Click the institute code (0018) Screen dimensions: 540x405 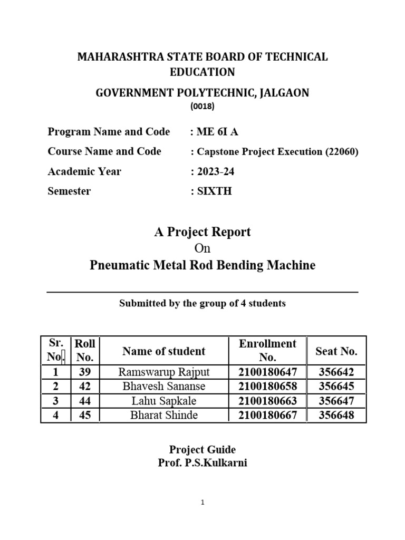pos(202,106)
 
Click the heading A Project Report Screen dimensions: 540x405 pos(202,232)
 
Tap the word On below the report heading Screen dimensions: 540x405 pos(202,248)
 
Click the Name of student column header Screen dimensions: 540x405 pos(164,351)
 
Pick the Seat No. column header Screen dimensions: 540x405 pos(336,351)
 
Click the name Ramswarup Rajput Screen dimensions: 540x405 pos(164,372)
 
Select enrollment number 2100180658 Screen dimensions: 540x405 pos(268,387)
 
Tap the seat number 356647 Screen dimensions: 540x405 pos(336,401)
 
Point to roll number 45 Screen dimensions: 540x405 pos(85,415)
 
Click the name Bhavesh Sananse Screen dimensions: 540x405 pos(164,387)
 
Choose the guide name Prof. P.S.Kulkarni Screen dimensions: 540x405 pos(202,464)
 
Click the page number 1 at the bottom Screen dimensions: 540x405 pos(202,503)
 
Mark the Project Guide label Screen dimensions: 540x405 pos(202,450)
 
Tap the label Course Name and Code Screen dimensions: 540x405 pos(104,151)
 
